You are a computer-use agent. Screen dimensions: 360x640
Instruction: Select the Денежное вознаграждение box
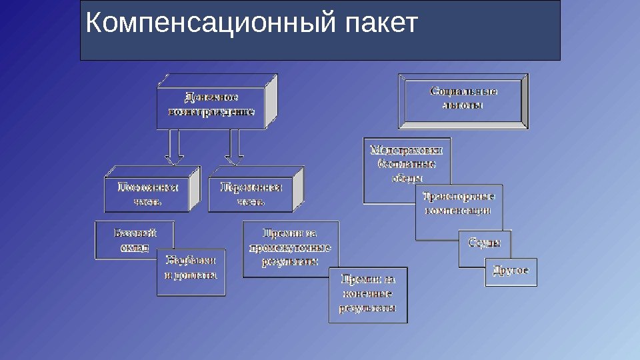pos(211,105)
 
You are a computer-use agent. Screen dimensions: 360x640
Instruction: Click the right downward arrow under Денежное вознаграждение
pos(235,147)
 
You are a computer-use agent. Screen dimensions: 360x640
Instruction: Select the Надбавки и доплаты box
pos(191,272)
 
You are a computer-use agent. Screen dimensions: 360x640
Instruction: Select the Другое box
pos(511,271)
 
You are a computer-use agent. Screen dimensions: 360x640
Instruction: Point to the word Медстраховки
pos(407,150)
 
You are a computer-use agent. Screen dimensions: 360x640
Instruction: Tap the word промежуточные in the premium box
pos(290,247)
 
